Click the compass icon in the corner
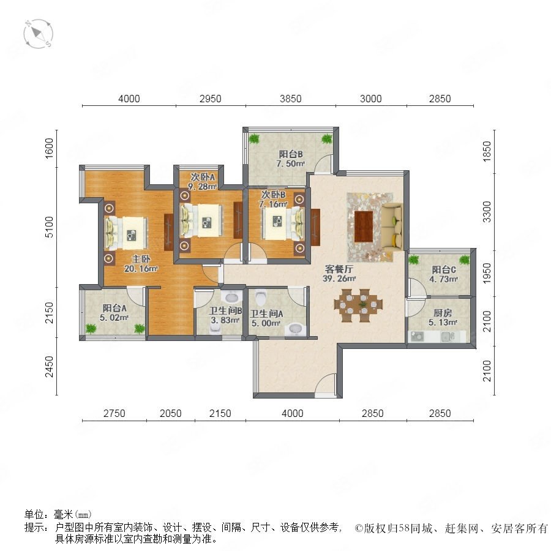click(x=38, y=34)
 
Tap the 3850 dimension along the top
click(x=291, y=99)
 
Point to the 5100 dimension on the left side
click(x=49, y=227)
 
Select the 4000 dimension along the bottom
click(x=293, y=413)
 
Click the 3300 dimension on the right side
click(x=487, y=212)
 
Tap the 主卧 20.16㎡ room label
click(x=141, y=264)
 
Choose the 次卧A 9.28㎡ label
click(x=203, y=182)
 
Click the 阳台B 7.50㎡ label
click(x=291, y=159)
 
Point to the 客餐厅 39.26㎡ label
click(x=339, y=274)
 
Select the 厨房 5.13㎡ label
click(x=443, y=317)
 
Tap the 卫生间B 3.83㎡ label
click(x=225, y=315)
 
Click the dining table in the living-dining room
click(x=358, y=305)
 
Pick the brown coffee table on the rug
click(x=363, y=227)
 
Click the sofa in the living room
click(x=392, y=227)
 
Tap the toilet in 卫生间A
click(x=261, y=298)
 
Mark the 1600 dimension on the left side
click(x=49, y=148)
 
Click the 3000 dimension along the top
click(x=371, y=99)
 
